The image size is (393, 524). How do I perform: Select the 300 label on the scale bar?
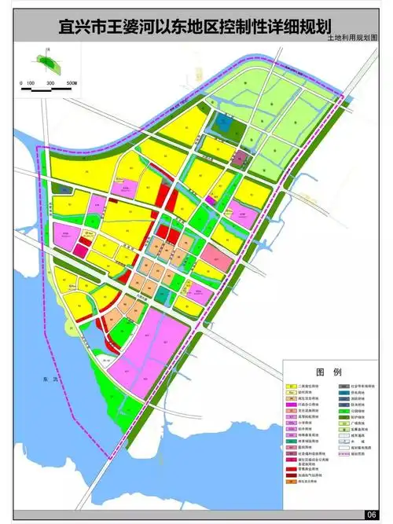pyautogui.click(x=50, y=82)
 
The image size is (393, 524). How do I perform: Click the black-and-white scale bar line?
pyautogui.click(x=47, y=89)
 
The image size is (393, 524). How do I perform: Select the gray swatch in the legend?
pyautogui.click(x=343, y=387)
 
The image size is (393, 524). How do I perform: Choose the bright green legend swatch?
pyautogui.click(x=343, y=410)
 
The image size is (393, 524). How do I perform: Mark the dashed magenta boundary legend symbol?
pyautogui.click(x=343, y=454)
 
